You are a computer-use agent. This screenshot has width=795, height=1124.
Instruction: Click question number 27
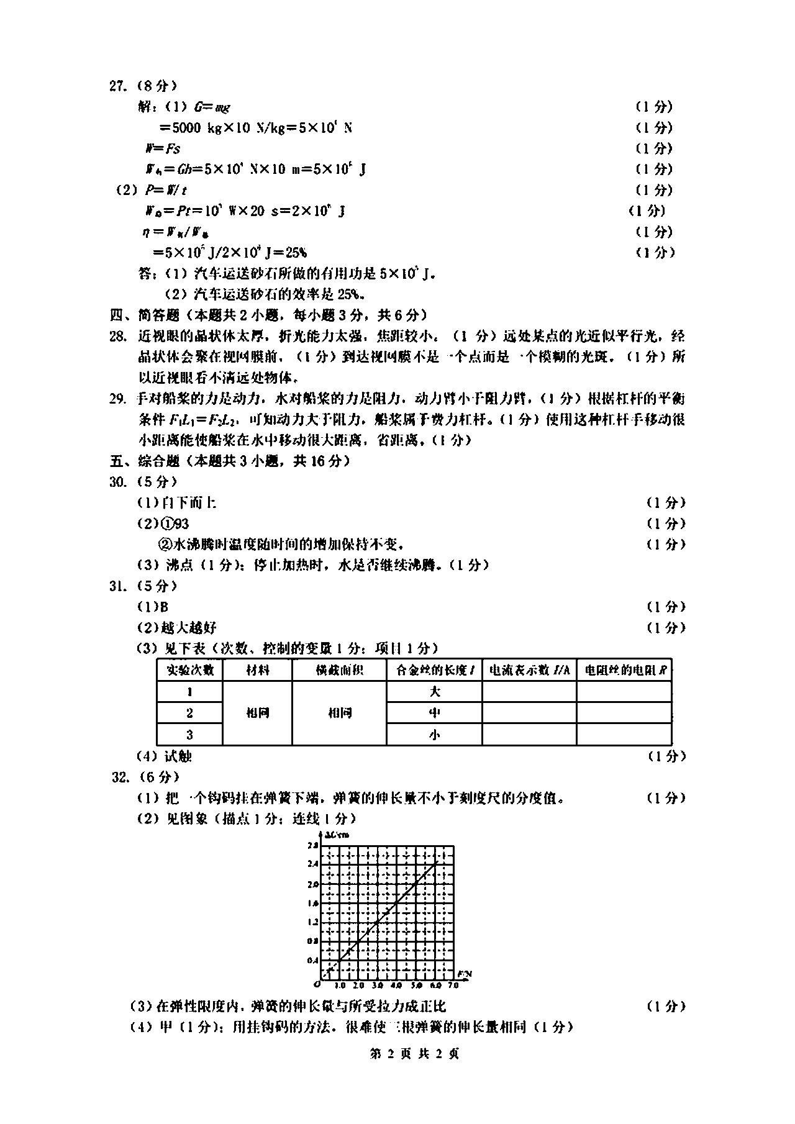click(117, 86)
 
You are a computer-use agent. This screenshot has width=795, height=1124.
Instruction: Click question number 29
click(117, 399)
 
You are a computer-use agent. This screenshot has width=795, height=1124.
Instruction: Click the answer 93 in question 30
click(182, 523)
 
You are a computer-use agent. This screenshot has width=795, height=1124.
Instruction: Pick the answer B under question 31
click(165, 607)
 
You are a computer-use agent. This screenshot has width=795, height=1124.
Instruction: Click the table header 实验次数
click(189, 670)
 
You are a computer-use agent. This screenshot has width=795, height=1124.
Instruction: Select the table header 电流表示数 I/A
click(529, 670)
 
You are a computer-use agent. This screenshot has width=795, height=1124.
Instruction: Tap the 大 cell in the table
click(434, 692)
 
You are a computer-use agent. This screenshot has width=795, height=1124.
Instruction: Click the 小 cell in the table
click(434, 735)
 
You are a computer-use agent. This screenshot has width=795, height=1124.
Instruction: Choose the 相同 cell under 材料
click(257, 713)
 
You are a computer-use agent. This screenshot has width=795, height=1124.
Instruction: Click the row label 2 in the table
click(189, 713)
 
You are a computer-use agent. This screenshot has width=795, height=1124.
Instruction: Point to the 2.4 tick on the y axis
click(312, 864)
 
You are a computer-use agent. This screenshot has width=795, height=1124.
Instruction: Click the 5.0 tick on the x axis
click(416, 986)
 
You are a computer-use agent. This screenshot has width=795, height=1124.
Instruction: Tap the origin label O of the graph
click(317, 984)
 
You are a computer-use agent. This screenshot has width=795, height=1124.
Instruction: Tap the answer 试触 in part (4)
click(178, 756)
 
